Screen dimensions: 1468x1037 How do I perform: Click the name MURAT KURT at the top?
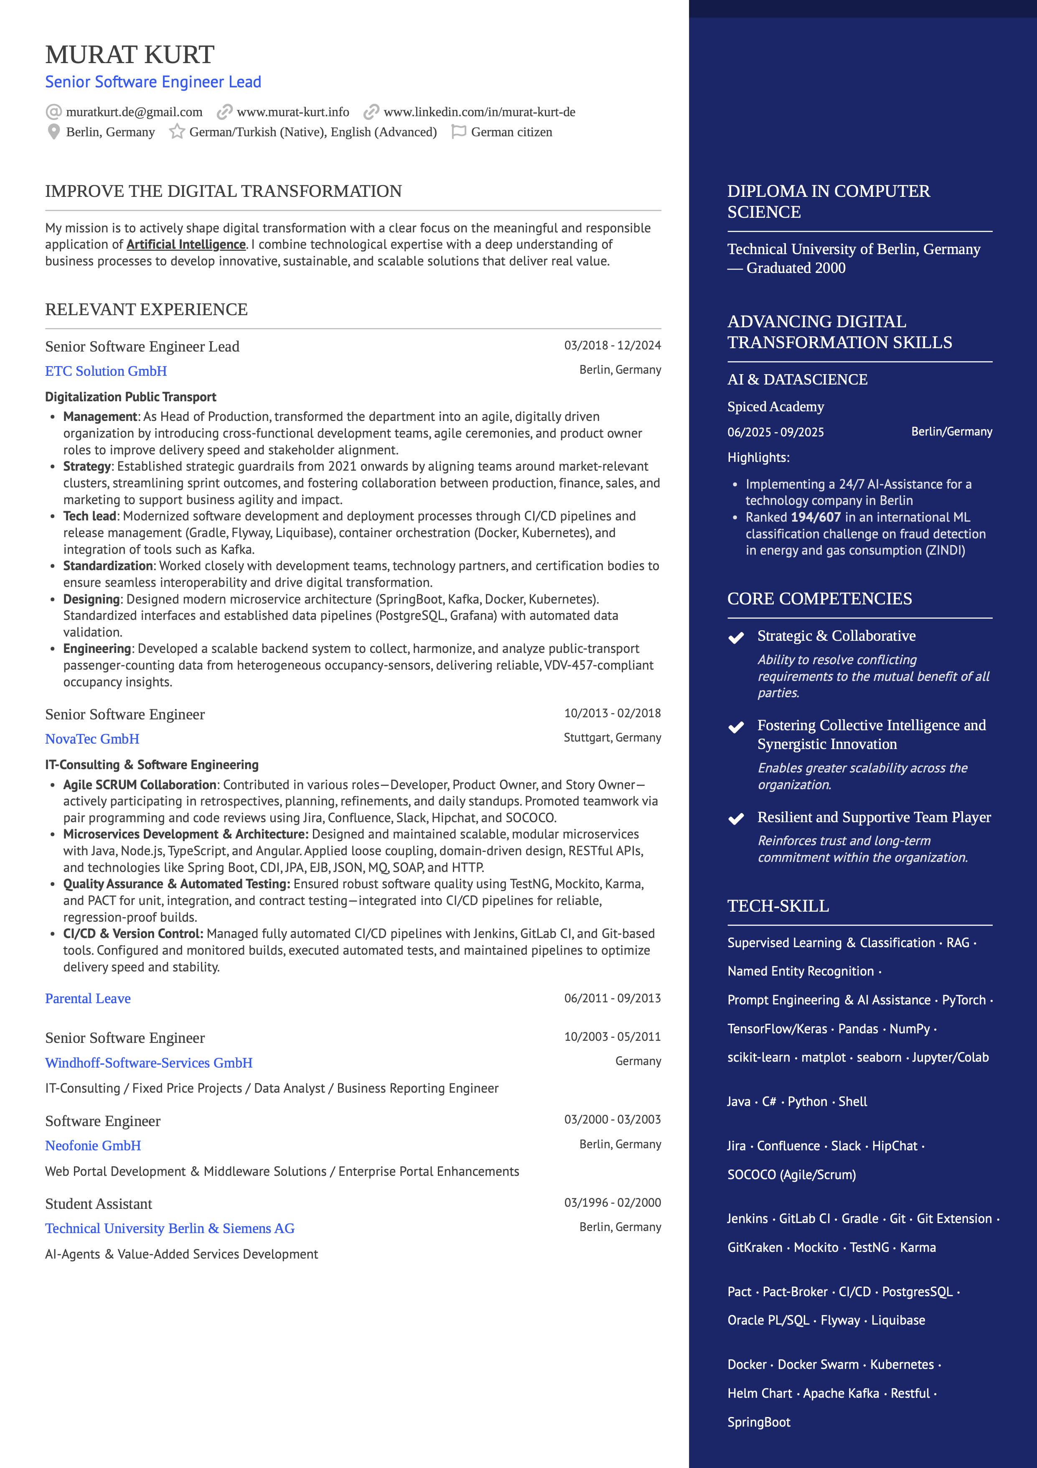click(x=130, y=55)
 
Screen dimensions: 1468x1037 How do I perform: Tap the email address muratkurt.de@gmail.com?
click(x=134, y=112)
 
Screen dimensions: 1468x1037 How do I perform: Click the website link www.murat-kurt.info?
click(x=292, y=112)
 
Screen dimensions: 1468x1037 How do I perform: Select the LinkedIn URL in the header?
click(x=479, y=112)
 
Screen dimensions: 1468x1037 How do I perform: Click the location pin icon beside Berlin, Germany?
click(x=53, y=132)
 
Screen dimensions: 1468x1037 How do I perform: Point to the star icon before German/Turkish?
click(x=177, y=132)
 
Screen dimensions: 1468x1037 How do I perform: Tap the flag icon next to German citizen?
click(x=458, y=132)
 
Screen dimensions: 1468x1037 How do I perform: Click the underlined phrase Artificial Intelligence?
click(x=186, y=244)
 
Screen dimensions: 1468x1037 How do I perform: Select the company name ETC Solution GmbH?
click(x=106, y=371)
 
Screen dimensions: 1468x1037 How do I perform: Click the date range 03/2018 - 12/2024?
click(x=612, y=345)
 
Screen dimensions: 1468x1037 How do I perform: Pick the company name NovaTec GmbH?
click(x=92, y=739)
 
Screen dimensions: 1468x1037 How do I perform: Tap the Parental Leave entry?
click(x=88, y=998)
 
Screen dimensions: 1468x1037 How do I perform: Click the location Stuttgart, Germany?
click(x=612, y=737)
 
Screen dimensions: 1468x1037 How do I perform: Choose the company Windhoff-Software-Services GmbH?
click(x=149, y=1063)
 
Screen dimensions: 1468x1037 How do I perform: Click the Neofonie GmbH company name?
click(x=93, y=1146)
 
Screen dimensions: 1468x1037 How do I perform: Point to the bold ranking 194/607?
click(x=815, y=517)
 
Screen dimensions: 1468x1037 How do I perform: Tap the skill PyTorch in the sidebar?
click(x=963, y=1000)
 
